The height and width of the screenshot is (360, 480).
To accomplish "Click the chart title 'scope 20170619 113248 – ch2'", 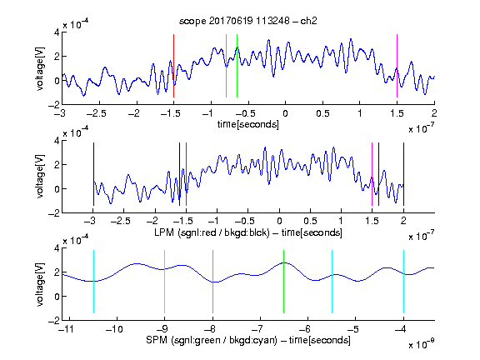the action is tap(248, 21).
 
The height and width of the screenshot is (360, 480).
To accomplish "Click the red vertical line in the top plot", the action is tap(174, 66).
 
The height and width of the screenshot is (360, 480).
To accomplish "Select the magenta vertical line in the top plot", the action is tap(397, 66).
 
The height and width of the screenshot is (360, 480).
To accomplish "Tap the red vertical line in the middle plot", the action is tap(186, 174).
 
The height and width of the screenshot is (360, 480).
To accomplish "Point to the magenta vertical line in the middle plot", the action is tap(372, 174).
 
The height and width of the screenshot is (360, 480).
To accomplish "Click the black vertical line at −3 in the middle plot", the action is tap(93, 174).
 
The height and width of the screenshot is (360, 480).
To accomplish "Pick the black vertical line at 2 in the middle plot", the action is tap(403, 174).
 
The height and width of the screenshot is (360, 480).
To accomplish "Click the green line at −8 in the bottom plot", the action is tap(212, 282).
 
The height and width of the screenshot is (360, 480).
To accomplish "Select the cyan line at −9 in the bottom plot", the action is tap(165, 282).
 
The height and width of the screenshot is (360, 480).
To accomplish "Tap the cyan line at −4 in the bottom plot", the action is tap(403, 282).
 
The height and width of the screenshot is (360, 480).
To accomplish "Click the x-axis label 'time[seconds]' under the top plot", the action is tap(248, 124).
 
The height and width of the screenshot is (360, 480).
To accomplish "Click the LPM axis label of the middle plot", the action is tap(248, 232).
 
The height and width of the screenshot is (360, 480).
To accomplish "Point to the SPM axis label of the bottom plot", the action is tap(248, 340).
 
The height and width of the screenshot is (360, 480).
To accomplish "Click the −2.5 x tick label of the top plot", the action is tap(96, 114).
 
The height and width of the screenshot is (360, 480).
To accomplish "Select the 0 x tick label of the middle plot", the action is tap(279, 221).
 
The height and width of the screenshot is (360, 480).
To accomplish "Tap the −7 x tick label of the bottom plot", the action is tap(259, 329).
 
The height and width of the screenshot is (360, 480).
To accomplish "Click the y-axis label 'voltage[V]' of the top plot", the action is tap(40, 68).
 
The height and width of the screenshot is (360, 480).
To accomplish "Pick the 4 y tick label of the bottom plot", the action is tap(57, 248).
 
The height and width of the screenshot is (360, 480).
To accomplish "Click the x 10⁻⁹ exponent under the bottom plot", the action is tap(421, 343).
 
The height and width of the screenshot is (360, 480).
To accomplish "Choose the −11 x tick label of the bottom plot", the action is tap(69, 329).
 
